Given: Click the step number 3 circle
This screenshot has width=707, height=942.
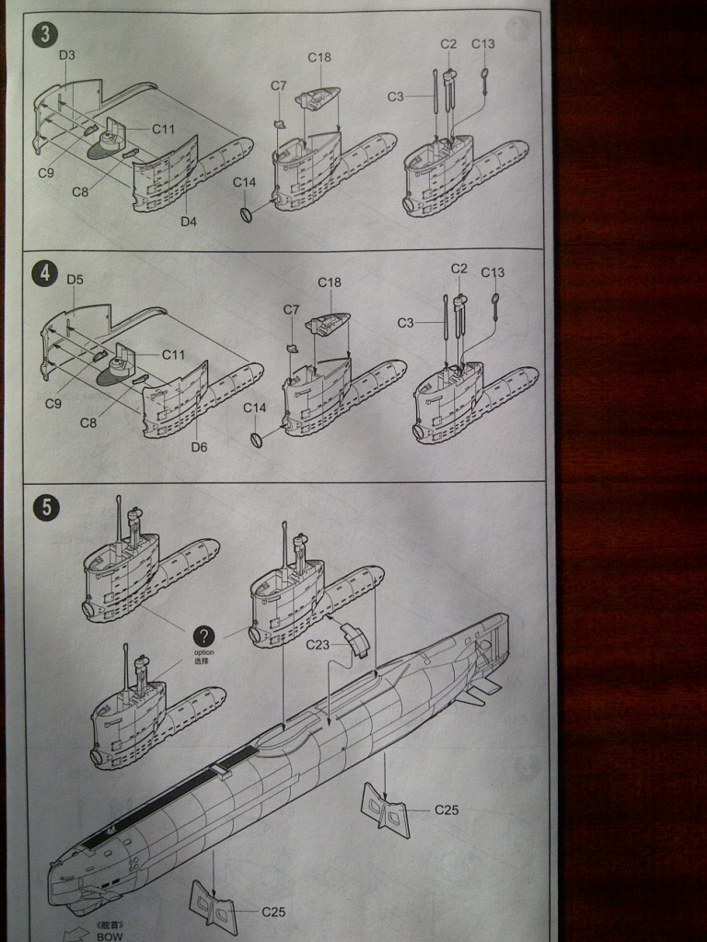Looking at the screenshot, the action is point(44,36).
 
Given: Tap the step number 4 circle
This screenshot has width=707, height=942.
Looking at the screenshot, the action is point(43,273).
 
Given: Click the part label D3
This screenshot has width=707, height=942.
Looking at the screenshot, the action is point(67,55).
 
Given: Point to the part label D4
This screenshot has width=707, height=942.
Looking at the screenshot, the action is point(189,221).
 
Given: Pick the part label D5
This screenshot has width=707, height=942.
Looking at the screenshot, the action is point(75,280).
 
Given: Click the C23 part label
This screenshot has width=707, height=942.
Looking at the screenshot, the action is point(319,644).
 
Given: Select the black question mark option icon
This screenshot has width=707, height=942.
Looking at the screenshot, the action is point(204,636).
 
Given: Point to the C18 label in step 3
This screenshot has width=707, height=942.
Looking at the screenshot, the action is point(319,57).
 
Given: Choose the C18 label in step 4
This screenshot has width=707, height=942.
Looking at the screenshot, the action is point(330,282).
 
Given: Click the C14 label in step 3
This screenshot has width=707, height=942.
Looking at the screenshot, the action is point(244,182).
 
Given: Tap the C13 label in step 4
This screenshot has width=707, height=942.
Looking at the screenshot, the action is point(493,272).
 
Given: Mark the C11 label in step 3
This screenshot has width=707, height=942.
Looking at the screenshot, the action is point(163,129).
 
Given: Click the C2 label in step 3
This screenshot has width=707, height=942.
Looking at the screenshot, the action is point(448,43).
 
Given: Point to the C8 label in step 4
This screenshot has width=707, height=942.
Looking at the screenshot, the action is point(88,423).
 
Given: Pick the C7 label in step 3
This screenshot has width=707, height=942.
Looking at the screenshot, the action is point(279,86).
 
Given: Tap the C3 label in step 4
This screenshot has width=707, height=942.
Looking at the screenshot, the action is point(406,322).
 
